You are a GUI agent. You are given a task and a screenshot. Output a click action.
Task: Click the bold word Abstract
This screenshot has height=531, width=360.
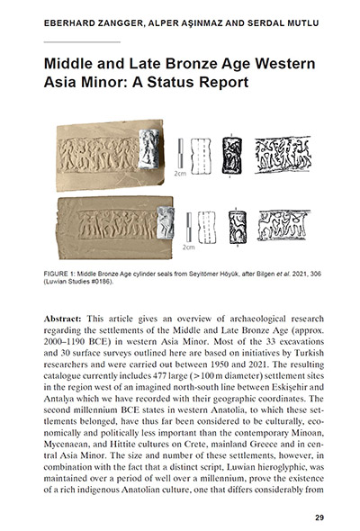(64, 320)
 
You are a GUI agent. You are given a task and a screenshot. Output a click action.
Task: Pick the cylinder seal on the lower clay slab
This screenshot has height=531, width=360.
(165, 221)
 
